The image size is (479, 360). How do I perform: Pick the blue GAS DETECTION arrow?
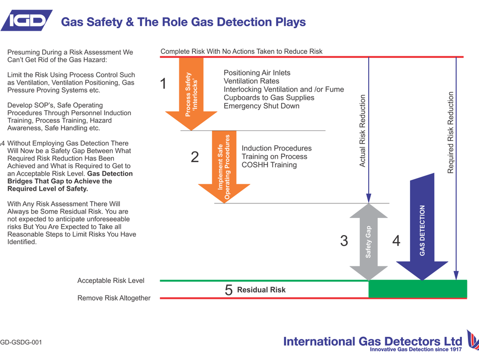point(422,229)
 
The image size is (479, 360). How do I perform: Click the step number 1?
point(163,84)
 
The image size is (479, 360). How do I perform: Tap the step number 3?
point(344,241)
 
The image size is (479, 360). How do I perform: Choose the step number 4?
point(396,241)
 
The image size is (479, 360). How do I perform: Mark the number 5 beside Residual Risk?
point(229,290)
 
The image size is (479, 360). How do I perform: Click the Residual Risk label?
point(261,290)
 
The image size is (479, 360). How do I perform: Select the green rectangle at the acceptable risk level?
point(418,289)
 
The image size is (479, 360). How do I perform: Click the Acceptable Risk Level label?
point(111,280)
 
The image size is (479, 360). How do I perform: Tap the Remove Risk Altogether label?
point(114,298)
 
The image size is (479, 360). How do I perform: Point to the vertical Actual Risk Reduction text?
point(362,131)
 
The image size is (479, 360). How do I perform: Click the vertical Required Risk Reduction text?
point(451,132)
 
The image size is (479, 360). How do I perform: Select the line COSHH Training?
point(269,165)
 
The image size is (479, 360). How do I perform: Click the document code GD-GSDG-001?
point(21,342)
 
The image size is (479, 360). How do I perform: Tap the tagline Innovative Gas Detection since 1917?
point(416,349)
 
